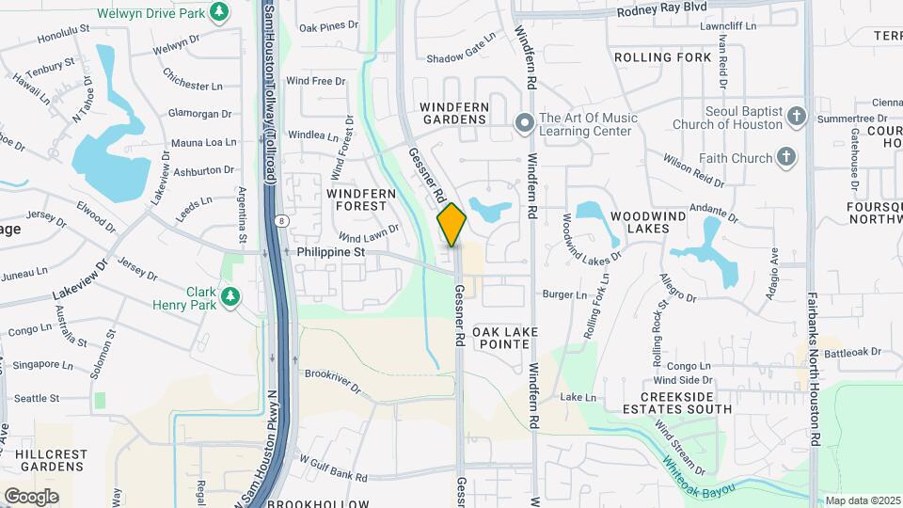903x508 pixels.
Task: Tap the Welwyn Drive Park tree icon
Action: coord(219,12)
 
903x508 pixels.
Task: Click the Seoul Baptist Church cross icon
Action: coord(797,117)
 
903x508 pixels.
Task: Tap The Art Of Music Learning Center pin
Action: coord(525,123)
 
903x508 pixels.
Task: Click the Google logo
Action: coord(31,496)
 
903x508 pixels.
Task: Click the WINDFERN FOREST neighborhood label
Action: coord(356,198)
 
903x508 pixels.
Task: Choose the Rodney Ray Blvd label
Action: coord(662,11)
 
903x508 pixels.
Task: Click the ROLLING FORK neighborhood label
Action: coord(663,57)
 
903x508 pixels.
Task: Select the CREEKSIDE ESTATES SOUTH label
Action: coord(677,402)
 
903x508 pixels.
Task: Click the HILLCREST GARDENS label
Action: coord(53,460)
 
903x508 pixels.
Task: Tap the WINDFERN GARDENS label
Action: coord(454,113)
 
